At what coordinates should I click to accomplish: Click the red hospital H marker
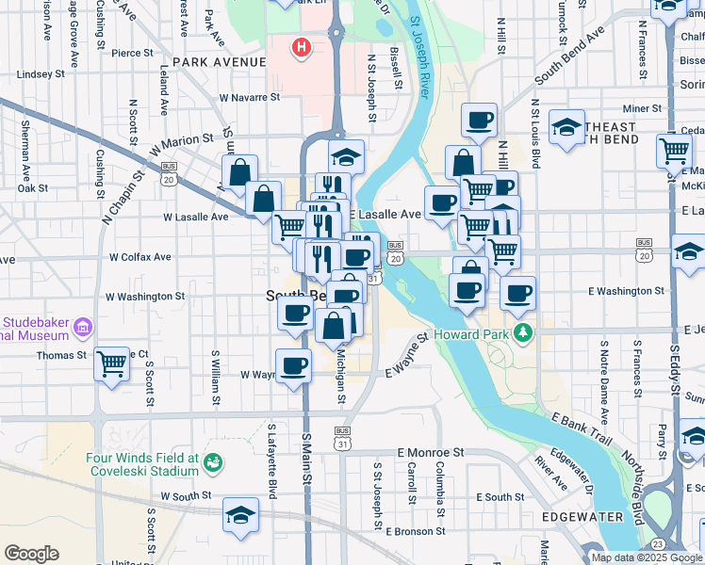[302, 46]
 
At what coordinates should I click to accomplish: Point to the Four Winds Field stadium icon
[214, 462]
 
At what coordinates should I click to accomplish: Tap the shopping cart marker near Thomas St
[112, 363]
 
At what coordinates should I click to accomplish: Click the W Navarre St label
[250, 97]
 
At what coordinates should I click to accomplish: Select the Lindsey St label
[41, 73]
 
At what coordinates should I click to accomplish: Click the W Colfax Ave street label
[140, 256]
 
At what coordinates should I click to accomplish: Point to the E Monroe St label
[431, 452]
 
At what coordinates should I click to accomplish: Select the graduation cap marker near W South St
[240, 515]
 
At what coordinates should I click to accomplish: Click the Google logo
[32, 554]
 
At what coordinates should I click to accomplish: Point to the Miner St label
[642, 109]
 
